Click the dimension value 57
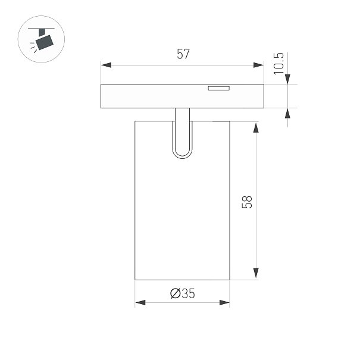183,54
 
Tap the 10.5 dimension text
278,63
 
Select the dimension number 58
247,202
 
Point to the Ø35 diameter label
183,293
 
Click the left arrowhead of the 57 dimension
106,65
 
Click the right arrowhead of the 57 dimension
258,65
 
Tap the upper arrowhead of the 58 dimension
256,128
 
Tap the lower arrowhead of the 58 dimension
256,273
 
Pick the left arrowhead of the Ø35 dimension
140,302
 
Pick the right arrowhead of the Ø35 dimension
224,302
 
